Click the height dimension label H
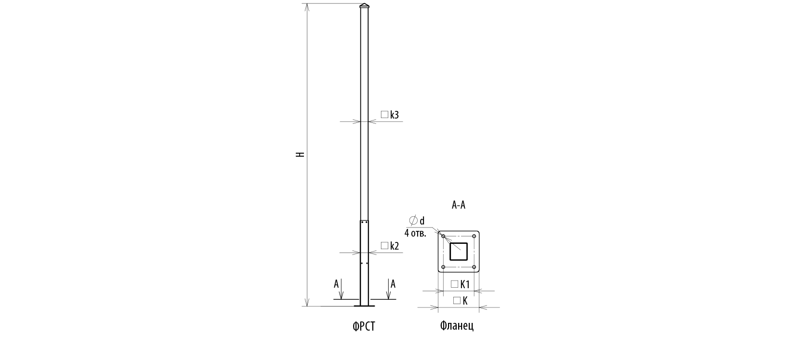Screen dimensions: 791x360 [x=300, y=154]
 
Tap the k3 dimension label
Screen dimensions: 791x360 [x=395, y=115]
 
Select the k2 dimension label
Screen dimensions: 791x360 [x=395, y=246]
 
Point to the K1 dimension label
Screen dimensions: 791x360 [x=465, y=284]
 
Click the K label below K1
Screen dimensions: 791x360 [x=465, y=301]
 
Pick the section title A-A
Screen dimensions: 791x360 [x=458, y=205]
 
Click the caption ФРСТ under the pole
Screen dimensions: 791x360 [x=364, y=326]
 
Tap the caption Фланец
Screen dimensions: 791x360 [x=457, y=325]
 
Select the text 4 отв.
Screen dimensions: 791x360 [x=415, y=233]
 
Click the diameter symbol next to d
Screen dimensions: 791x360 [x=413, y=220]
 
